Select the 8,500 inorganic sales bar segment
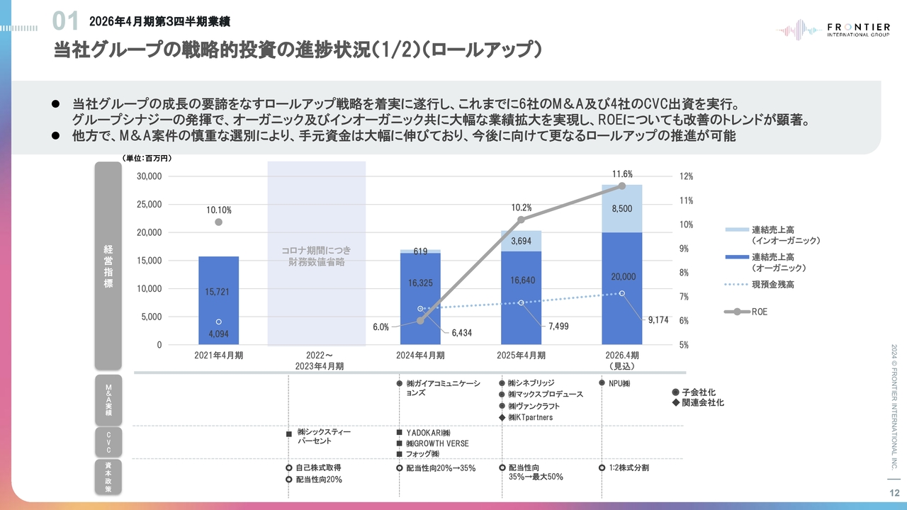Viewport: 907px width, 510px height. (621, 208)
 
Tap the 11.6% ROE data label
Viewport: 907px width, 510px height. (622, 174)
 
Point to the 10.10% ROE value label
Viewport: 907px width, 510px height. (218, 210)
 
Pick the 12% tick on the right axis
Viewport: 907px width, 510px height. (687, 176)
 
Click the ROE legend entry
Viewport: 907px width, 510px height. (759, 312)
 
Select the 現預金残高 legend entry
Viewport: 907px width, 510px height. (772, 284)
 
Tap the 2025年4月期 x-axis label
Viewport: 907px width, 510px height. (521, 356)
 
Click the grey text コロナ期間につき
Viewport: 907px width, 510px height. (316, 251)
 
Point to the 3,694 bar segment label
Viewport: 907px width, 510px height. (521, 241)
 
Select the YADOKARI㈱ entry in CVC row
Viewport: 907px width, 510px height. (428, 433)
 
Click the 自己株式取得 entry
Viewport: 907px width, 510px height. (318, 468)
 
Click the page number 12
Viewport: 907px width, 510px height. (894, 493)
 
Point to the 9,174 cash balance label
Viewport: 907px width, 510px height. (658, 320)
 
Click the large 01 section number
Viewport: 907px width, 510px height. (66, 22)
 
